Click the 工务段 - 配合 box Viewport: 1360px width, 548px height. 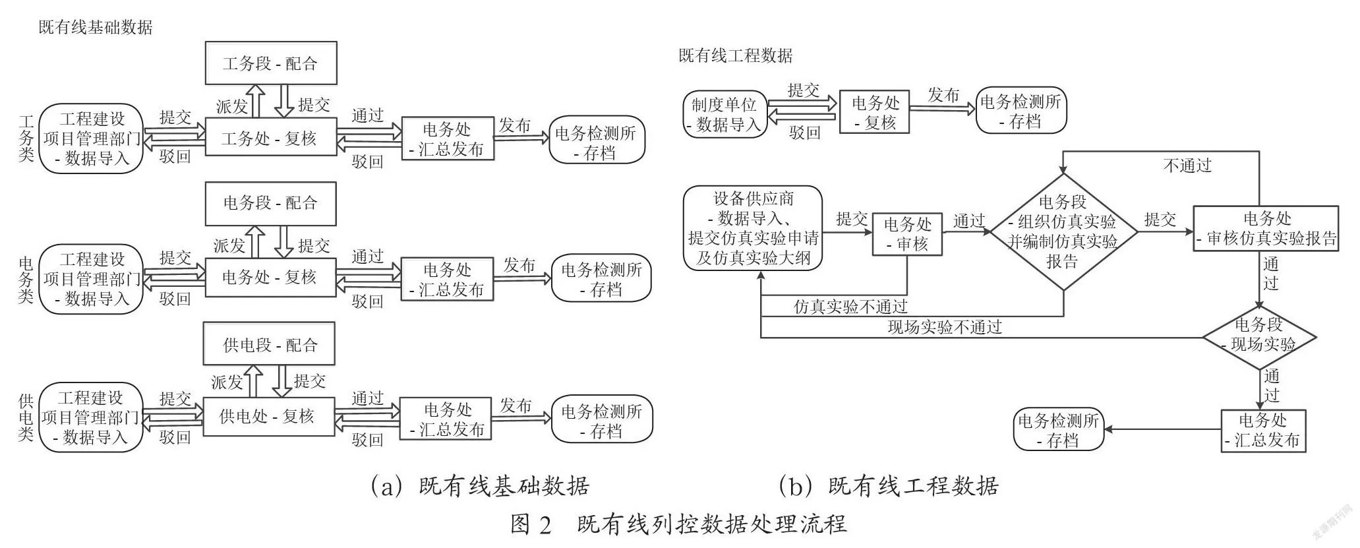[x=271, y=63]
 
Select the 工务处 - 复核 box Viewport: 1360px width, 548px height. [x=271, y=137]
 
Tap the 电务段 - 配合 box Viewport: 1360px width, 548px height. [x=271, y=204]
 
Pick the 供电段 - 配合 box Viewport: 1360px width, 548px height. [x=269, y=344]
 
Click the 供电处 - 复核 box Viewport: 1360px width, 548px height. [x=269, y=416]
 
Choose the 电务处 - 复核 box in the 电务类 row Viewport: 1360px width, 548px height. [x=271, y=277]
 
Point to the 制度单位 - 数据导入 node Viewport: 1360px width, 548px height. [x=726, y=114]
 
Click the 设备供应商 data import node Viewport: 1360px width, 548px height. [x=753, y=228]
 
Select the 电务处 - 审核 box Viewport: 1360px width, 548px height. [x=907, y=234]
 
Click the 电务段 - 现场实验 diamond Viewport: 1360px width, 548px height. [x=1259, y=338]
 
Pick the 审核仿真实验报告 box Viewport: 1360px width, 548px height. [x=1266, y=229]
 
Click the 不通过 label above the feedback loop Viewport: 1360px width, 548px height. [x=1187, y=166]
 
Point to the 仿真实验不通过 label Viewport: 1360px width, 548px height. [x=850, y=307]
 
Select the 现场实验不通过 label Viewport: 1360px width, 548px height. [x=945, y=327]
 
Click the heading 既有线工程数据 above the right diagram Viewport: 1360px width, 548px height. [x=736, y=55]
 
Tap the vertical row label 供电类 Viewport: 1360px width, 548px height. [x=26, y=417]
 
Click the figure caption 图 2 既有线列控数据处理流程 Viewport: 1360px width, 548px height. [x=678, y=524]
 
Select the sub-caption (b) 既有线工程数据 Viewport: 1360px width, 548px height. [x=888, y=486]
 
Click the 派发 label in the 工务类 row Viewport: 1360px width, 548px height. [x=232, y=106]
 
